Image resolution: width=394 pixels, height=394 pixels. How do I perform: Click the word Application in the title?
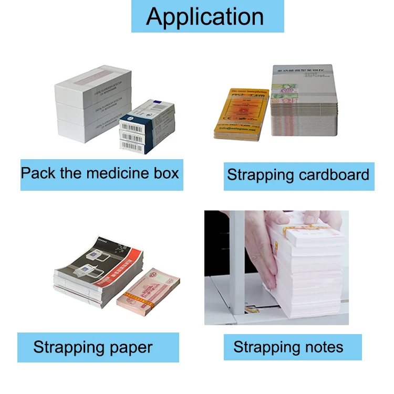click(205, 16)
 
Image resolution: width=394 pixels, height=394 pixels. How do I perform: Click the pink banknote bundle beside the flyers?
click(148, 292)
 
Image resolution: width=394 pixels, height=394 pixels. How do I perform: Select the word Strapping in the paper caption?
click(66, 347)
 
